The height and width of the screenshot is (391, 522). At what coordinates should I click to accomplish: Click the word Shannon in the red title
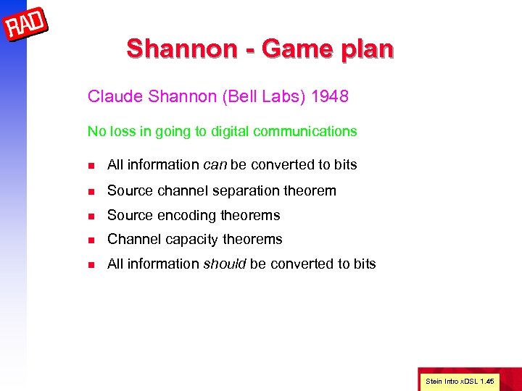[171, 49]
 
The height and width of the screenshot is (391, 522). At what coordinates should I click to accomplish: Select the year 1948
[329, 96]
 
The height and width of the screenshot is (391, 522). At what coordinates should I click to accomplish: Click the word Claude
[111, 96]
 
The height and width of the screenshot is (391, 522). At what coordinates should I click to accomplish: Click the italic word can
[215, 165]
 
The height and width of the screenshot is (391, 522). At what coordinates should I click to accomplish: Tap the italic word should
[224, 264]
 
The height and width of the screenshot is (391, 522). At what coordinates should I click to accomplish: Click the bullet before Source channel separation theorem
[91, 191]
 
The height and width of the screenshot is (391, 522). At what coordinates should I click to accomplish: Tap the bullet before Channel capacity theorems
[91, 240]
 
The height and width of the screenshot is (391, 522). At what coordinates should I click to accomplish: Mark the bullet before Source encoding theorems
[91, 216]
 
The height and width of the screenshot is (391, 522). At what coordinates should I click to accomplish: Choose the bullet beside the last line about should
[91, 264]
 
